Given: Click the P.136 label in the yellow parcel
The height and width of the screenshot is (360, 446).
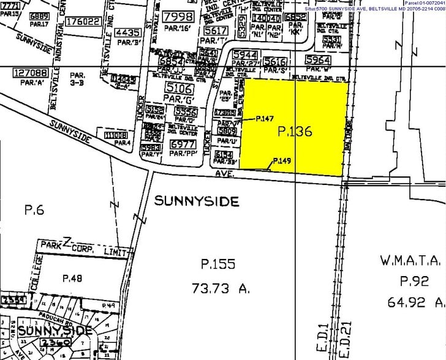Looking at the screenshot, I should click(295, 131).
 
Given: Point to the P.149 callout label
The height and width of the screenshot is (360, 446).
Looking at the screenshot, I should click(282, 161).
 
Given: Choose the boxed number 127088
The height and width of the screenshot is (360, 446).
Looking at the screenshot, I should click(31, 72).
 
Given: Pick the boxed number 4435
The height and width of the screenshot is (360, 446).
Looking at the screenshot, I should click(128, 32).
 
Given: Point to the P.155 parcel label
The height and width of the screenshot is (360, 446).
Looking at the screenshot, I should click(217, 264).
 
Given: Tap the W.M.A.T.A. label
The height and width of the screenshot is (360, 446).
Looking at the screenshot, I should click(410, 261).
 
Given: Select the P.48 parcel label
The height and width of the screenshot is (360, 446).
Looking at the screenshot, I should click(72, 278).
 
